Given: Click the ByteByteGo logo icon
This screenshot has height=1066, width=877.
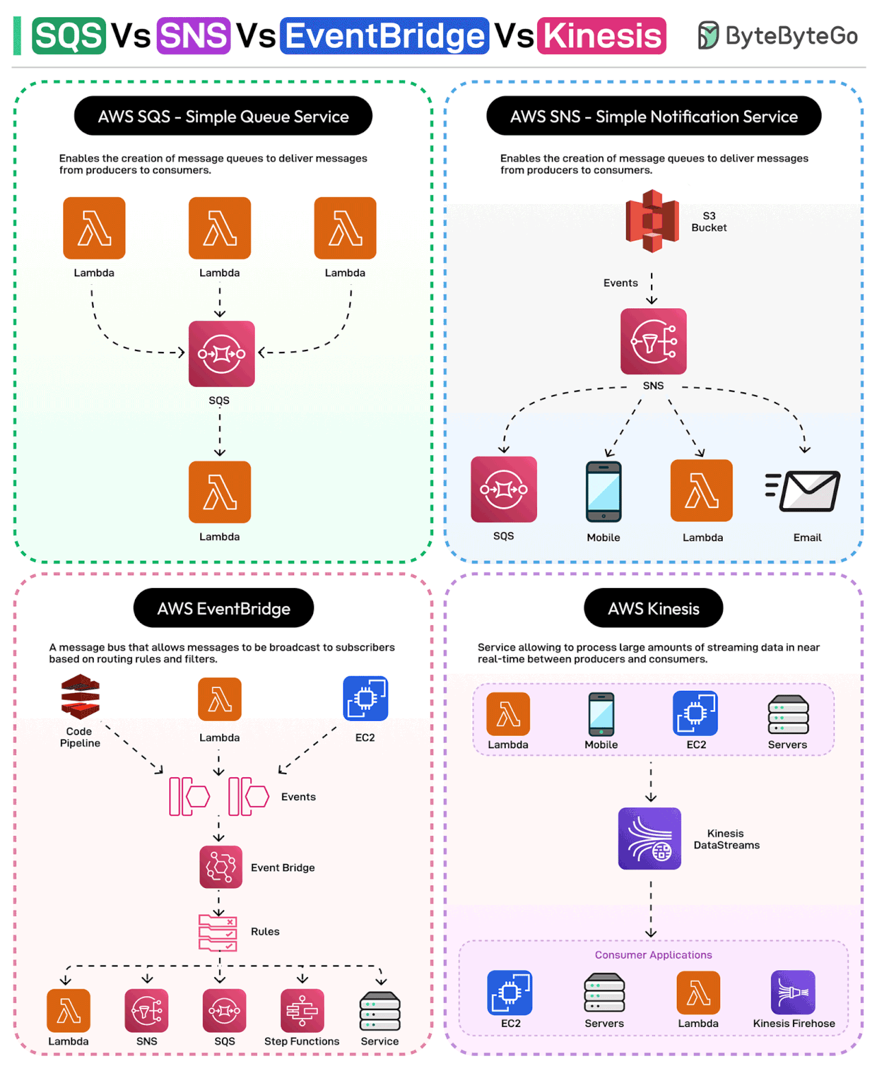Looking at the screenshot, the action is tap(708, 36).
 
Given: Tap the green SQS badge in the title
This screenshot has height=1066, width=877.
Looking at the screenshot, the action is tap(69, 36).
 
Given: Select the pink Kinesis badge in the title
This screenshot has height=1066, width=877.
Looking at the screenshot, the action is tap(602, 36).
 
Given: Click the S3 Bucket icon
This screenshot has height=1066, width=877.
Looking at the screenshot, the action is tap(652, 221).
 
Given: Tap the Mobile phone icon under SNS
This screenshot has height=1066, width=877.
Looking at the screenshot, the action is tap(604, 492).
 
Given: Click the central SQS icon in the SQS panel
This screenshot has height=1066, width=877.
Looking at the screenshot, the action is tap(221, 354).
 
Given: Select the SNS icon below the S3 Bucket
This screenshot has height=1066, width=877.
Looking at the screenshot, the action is tap(653, 341).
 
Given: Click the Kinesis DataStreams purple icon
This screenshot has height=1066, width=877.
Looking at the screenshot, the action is tap(650, 839).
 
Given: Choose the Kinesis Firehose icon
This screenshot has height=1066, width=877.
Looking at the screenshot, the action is tap(793, 992).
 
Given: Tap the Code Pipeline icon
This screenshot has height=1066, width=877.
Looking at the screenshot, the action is tap(80, 697).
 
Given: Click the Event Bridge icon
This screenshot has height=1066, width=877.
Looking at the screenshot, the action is tap(221, 867).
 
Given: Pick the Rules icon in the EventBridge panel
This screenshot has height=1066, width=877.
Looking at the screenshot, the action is tap(218, 932).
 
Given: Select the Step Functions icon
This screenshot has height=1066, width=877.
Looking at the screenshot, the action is tap(302, 1011).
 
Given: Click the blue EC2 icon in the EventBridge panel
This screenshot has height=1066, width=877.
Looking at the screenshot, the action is tap(365, 698).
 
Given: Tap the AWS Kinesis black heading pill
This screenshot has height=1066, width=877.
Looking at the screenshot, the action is tap(653, 608).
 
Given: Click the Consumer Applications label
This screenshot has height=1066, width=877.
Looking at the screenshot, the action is tap(653, 955).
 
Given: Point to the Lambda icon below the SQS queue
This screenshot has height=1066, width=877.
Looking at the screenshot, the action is tap(220, 492).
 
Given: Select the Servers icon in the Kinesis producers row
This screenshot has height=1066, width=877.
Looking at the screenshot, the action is tap(788, 714).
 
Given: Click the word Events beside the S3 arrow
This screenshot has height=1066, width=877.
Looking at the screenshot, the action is tap(620, 283).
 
